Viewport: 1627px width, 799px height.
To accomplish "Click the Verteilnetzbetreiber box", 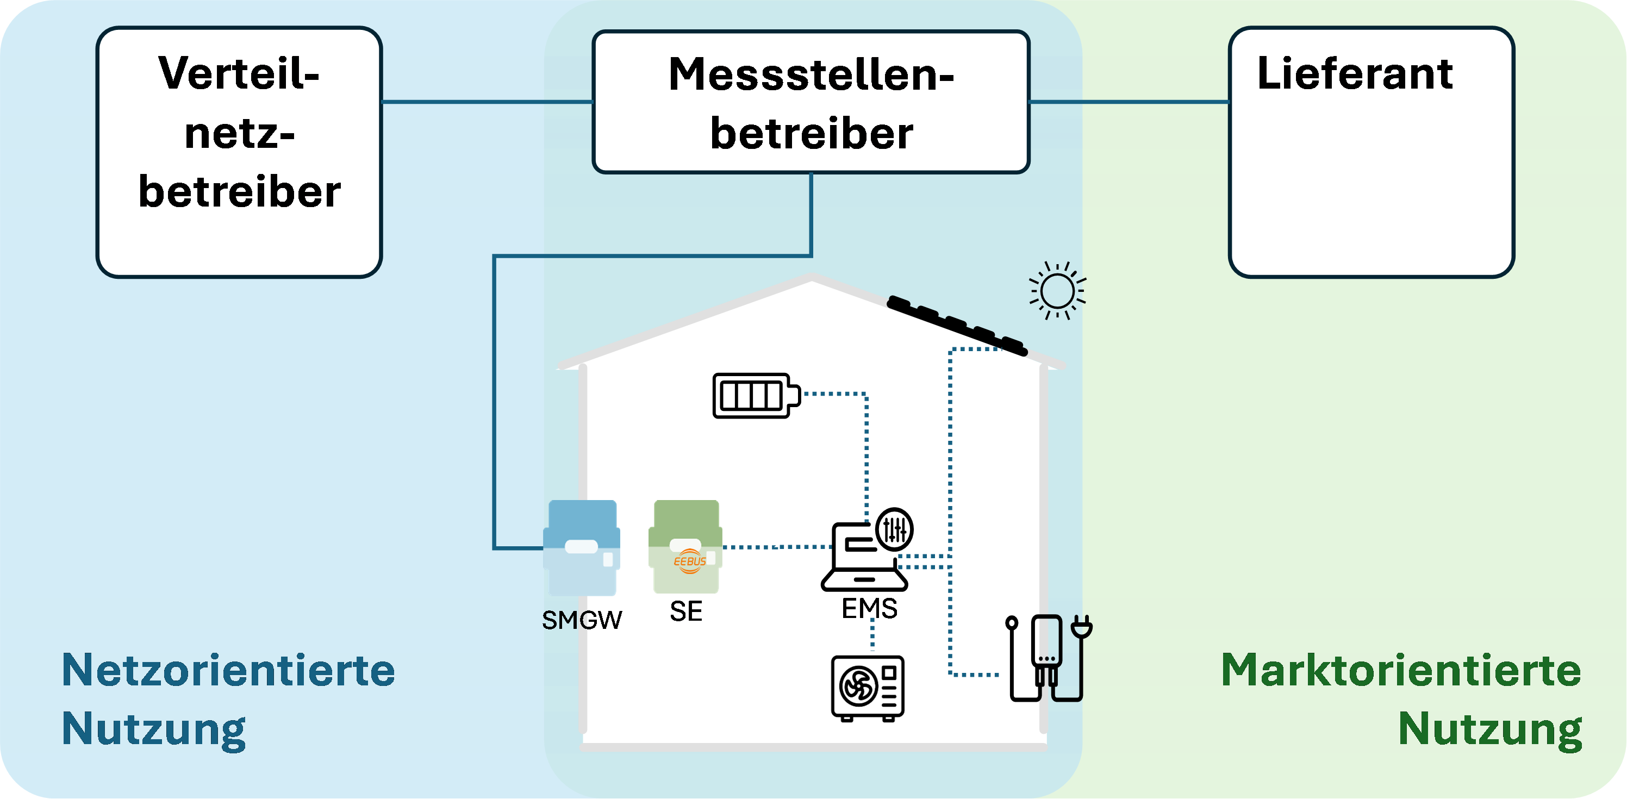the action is click(239, 152).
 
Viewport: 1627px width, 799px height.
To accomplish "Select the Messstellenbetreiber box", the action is click(811, 102).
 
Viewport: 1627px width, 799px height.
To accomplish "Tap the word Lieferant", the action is click(1355, 73).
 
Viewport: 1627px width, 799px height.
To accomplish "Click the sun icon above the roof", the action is click(1057, 291).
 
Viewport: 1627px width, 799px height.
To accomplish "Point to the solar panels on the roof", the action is click(957, 325).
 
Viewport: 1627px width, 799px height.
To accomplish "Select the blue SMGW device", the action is click(582, 548).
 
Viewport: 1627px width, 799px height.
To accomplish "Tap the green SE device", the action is click(685, 546).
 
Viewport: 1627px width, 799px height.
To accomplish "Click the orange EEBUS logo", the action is click(689, 561).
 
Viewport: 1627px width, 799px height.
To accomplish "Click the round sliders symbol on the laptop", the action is click(895, 529).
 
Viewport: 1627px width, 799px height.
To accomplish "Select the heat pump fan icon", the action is click(868, 688).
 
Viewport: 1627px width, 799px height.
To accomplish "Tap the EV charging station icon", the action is click(1049, 658).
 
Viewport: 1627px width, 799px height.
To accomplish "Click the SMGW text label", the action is click(582, 620).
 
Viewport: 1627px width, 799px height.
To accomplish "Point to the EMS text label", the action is click(869, 608).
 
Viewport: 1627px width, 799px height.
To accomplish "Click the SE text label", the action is click(686, 611).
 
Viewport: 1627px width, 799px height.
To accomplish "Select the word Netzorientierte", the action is click(228, 670).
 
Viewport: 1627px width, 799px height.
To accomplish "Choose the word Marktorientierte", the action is click(1401, 670).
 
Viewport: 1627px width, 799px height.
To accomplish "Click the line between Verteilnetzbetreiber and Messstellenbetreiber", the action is click(488, 102).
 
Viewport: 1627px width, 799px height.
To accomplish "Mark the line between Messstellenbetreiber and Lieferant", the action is click(1129, 102).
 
